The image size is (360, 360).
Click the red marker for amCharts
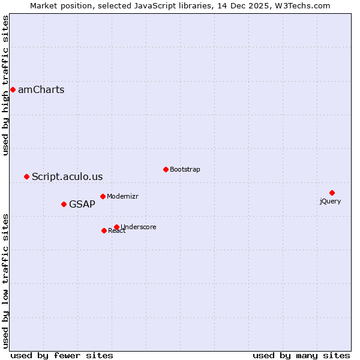(13, 90)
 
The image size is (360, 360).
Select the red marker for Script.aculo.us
(26, 176)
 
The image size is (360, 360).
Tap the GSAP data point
(64, 204)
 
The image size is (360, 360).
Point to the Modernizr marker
(103, 196)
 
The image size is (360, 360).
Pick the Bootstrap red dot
(166, 169)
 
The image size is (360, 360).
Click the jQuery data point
(332, 193)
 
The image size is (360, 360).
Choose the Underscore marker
(116, 227)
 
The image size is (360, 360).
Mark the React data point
(104, 230)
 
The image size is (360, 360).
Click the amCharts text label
(41, 90)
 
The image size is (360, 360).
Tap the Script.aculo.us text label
(67, 176)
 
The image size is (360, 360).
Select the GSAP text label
(82, 204)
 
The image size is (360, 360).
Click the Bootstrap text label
(185, 169)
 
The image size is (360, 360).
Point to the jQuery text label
(330, 201)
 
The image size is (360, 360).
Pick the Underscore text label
(139, 227)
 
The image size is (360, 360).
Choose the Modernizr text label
(123, 196)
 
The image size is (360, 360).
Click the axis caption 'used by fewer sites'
(62, 355)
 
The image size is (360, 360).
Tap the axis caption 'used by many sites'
(301, 355)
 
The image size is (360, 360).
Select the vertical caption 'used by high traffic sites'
(6, 85)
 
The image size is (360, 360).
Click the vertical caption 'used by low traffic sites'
(6, 280)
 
